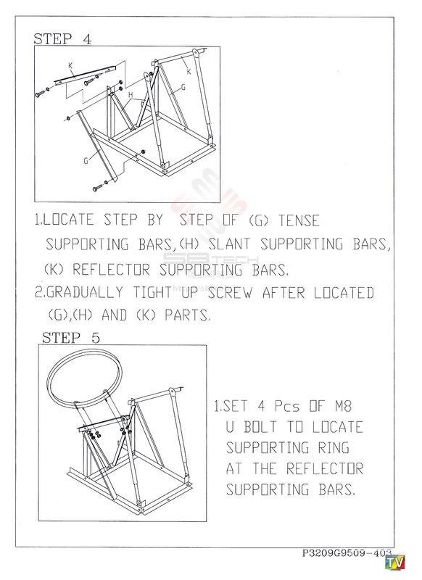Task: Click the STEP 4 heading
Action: pos(62,39)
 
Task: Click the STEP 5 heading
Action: pos(70,338)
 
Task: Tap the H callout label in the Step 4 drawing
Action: pos(131,95)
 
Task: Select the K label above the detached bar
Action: pos(70,65)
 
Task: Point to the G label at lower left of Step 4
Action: pos(86,161)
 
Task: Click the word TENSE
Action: pos(299,221)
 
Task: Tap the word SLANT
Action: pos(230,244)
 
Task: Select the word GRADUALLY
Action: pos(85,293)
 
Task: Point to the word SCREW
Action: pos(231,293)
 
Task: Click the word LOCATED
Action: pos(344,293)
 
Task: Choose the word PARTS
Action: pos(188,315)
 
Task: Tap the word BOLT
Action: pos(260,427)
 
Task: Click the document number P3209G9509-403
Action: pos(347,553)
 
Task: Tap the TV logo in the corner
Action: pos(395,563)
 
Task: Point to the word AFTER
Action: pos(284,293)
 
